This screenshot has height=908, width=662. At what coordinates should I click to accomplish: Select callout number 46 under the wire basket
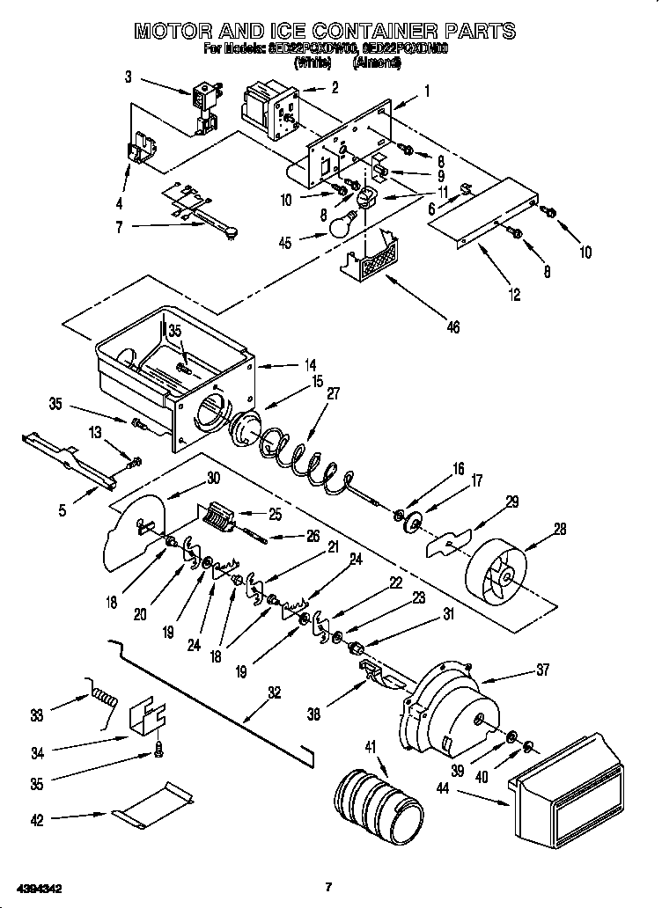click(453, 327)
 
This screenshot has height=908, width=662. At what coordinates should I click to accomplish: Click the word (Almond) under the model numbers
click(376, 63)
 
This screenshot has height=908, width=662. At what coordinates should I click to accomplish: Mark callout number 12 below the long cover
click(515, 296)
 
